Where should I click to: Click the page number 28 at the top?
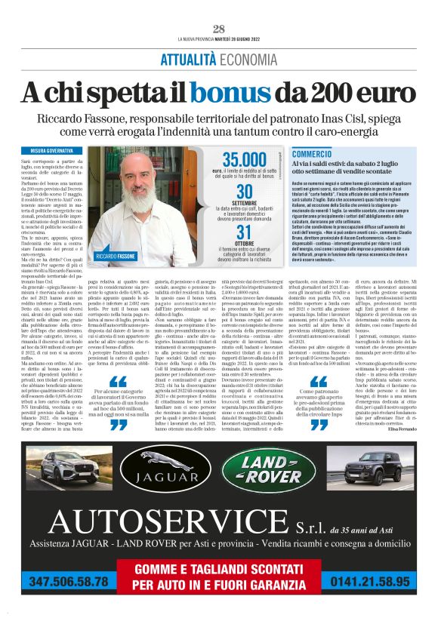pos(219,29)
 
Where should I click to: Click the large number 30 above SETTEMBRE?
pos(245,193)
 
